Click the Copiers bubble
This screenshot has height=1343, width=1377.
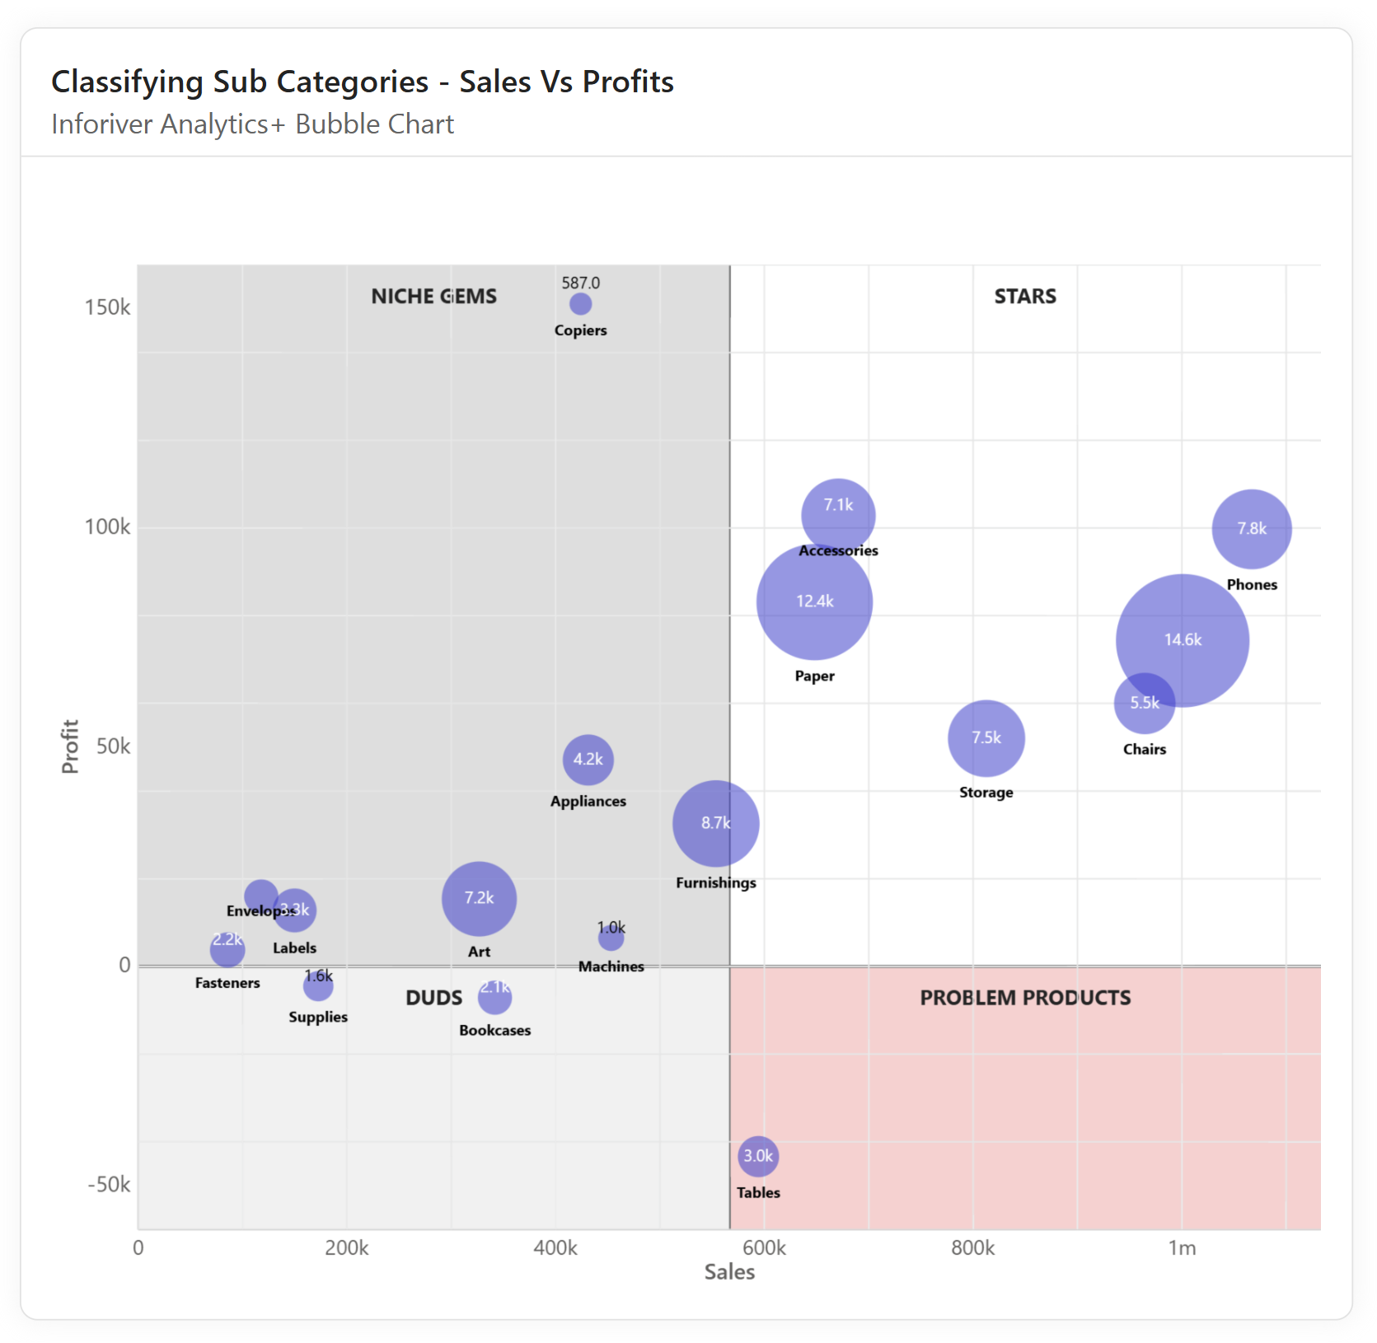(580, 304)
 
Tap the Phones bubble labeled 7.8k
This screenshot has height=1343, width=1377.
(1251, 529)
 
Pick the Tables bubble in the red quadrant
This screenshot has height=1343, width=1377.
(757, 1156)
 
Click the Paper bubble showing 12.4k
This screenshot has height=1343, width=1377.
(814, 602)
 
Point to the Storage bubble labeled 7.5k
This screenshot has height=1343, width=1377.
(986, 738)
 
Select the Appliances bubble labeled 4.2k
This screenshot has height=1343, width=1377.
(588, 760)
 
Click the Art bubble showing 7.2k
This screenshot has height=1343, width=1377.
(479, 898)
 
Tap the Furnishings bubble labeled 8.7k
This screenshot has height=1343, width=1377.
(715, 823)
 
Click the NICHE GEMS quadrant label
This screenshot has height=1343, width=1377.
(433, 297)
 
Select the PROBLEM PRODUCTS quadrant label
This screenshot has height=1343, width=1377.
(1024, 998)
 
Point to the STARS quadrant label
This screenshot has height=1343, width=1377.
(1024, 297)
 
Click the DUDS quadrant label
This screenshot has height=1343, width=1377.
(433, 998)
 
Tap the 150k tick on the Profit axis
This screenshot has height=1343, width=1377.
(107, 307)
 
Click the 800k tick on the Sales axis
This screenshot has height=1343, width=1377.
(972, 1247)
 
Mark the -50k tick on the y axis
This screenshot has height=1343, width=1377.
(109, 1185)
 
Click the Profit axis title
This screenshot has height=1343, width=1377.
(70, 746)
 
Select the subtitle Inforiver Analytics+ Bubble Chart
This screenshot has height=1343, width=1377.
(252, 124)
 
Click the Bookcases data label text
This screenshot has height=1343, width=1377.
(494, 1030)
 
